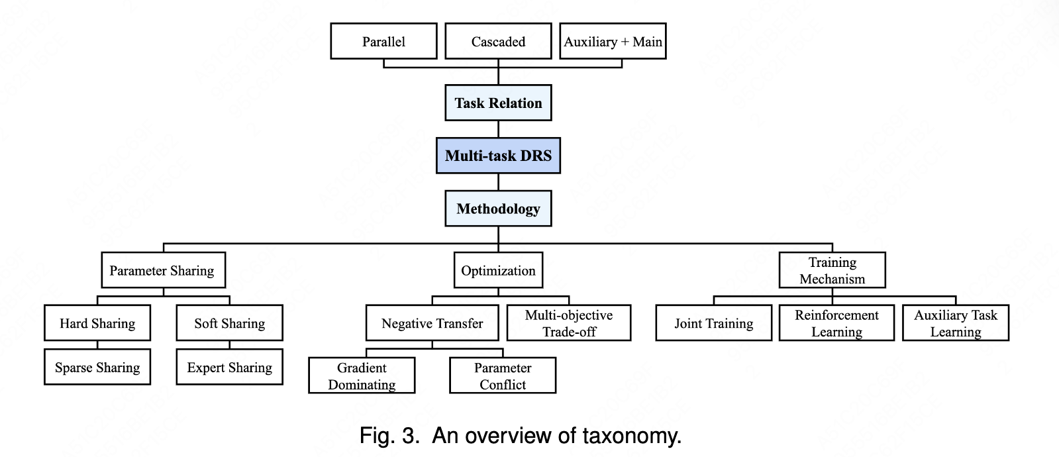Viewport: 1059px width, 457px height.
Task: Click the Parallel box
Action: click(383, 41)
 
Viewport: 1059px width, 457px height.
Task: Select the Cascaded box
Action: click(498, 41)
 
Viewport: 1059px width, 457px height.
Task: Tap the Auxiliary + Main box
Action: click(613, 41)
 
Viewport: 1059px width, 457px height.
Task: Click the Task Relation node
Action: click(498, 103)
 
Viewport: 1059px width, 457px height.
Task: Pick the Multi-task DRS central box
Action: click(498, 156)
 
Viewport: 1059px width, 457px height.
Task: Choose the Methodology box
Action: click(498, 209)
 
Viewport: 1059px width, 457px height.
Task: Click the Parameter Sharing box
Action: click(162, 270)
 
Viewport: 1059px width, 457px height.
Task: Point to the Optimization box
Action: click(498, 270)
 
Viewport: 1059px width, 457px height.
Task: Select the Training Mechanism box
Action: click(832, 270)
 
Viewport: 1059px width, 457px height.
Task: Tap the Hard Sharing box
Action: click(97, 323)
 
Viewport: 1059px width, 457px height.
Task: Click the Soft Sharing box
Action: click(229, 323)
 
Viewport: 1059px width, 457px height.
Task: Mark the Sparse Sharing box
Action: click(97, 367)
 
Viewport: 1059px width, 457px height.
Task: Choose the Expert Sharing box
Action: click(229, 367)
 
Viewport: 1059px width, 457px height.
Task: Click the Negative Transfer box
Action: click(432, 323)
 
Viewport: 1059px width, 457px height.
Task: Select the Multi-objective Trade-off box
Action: click(569, 323)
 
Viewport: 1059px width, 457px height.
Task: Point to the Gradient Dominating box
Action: click(362, 376)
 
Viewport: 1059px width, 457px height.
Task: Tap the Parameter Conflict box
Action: click(503, 376)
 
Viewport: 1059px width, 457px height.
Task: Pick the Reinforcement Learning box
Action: click(836, 323)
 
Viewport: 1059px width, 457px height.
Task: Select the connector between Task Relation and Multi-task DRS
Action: click(498, 129)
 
